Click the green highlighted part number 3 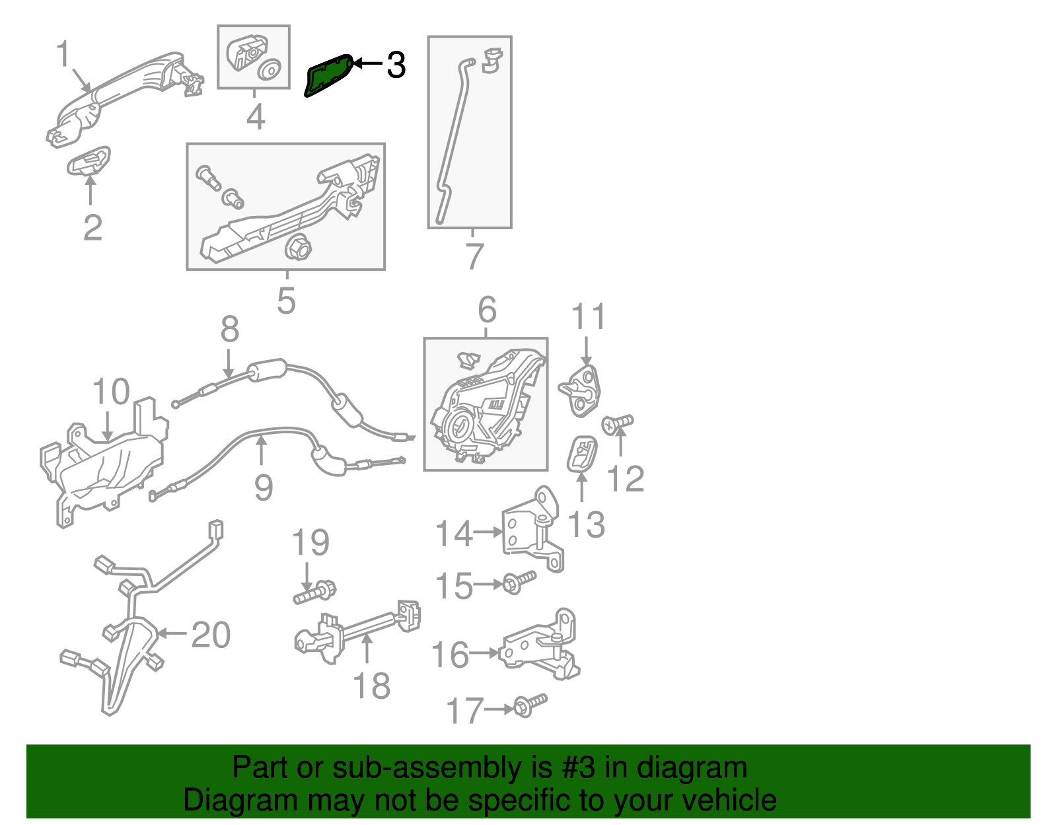pyautogui.click(x=328, y=76)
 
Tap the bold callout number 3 pyautogui.click(x=396, y=65)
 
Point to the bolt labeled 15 pyautogui.click(x=519, y=582)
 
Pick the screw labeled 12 pyautogui.click(x=617, y=423)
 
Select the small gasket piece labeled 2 pyautogui.click(x=89, y=161)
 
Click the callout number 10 pyautogui.click(x=111, y=392)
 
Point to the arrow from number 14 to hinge pyautogui.click(x=488, y=532)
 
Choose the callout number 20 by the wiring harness pyautogui.click(x=211, y=635)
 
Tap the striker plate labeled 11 pyautogui.click(x=581, y=391)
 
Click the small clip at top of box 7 pyautogui.click(x=492, y=59)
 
